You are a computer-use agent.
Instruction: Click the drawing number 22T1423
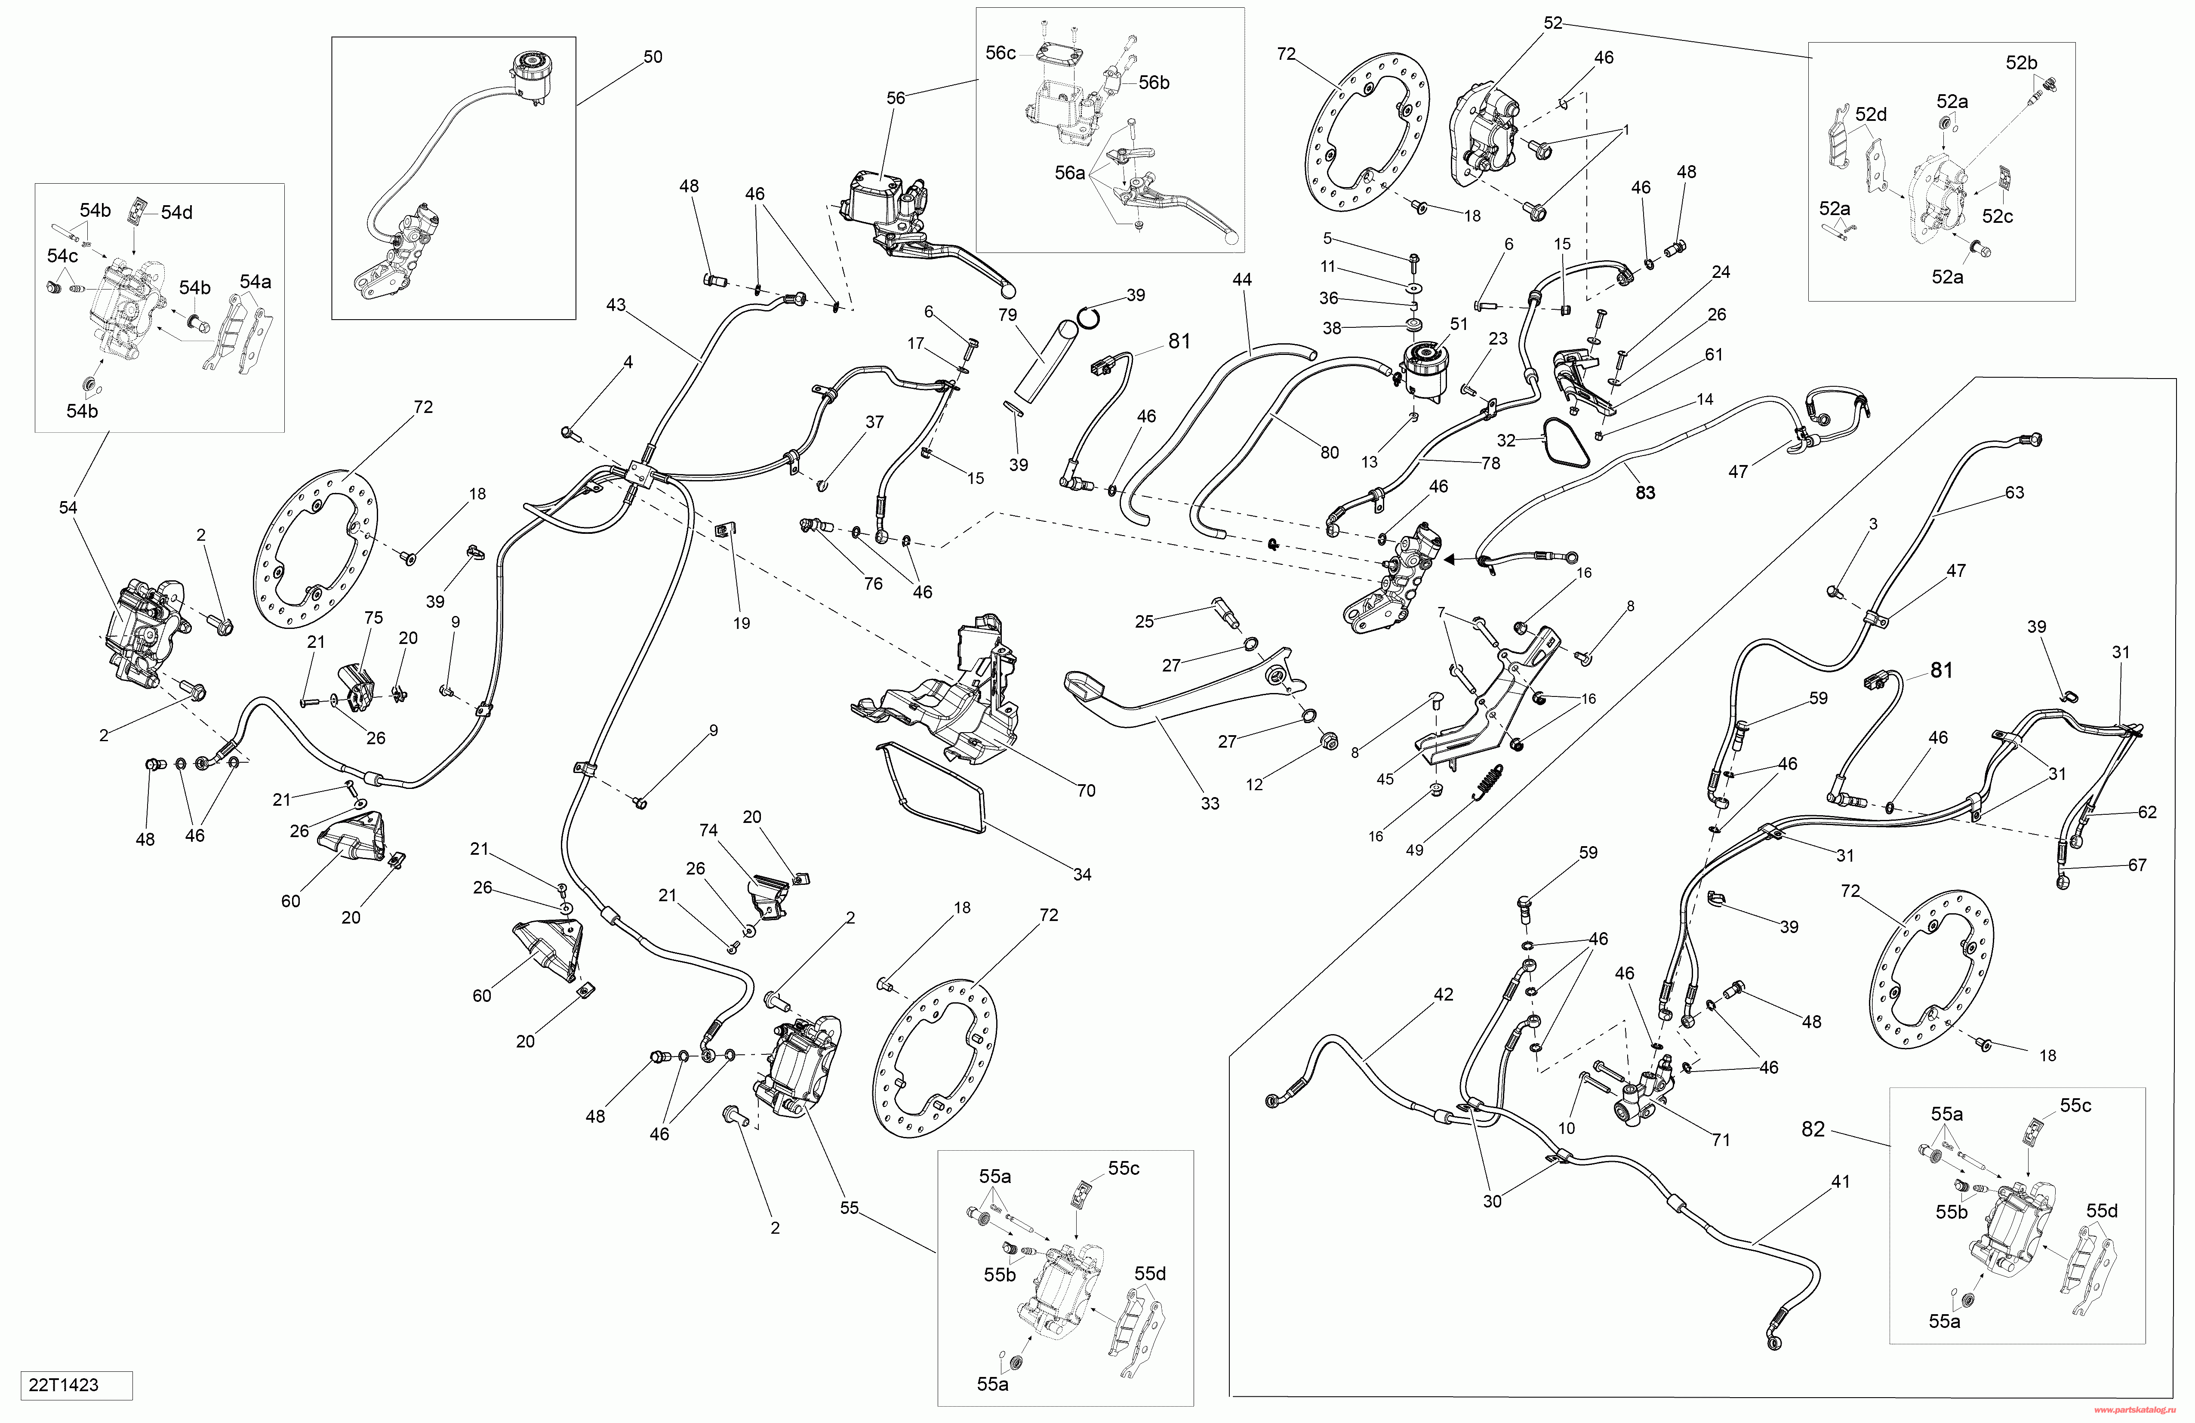click(58, 1385)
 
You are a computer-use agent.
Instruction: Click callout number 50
click(653, 57)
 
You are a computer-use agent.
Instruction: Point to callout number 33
click(1210, 803)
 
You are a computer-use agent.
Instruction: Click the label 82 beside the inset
click(1813, 1129)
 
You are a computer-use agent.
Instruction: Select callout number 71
click(1721, 1140)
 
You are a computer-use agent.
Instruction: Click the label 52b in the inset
click(2021, 63)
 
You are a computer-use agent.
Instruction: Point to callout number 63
click(2014, 493)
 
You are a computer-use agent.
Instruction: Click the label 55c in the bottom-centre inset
click(1124, 1168)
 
